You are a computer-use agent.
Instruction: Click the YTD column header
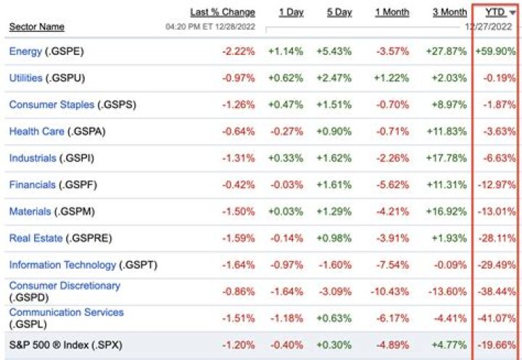495,12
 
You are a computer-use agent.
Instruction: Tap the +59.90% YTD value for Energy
496,51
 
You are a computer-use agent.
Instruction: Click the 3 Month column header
449,12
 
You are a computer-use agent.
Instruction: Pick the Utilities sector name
26,78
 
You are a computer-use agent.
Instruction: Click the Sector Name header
36,27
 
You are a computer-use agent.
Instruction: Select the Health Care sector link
36,131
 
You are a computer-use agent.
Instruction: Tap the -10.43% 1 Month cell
392,291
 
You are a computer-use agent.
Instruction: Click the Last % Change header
223,12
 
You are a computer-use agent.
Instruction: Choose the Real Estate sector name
36,238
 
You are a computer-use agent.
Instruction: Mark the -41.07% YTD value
497,318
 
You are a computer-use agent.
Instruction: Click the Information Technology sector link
62,264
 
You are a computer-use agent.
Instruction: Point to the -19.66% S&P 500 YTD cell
497,345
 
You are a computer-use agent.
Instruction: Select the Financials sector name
33,185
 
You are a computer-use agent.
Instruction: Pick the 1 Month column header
391,12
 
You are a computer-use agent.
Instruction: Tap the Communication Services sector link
66,312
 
